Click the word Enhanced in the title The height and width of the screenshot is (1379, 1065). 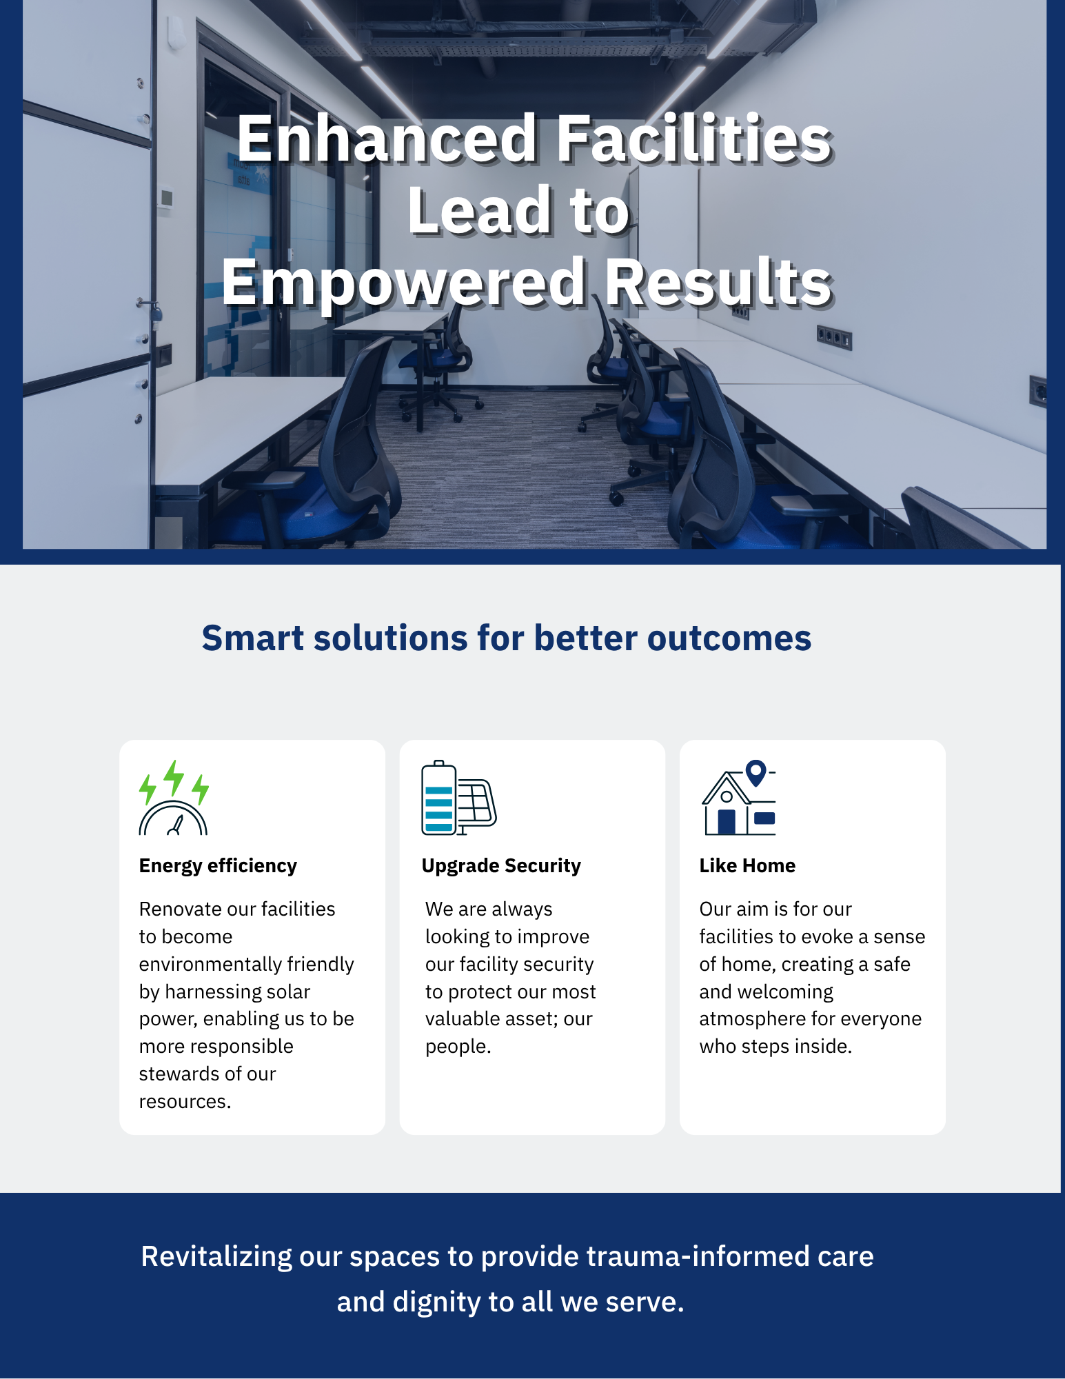pyautogui.click(x=387, y=139)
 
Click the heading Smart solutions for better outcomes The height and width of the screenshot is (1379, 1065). pyautogui.click(x=507, y=638)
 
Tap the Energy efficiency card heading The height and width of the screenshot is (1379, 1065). pyautogui.click(x=218, y=865)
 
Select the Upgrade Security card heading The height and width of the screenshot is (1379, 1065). pyautogui.click(x=501, y=865)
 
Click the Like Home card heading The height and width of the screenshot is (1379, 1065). pyautogui.click(x=747, y=865)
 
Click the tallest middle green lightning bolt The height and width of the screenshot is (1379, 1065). pyautogui.click(x=174, y=778)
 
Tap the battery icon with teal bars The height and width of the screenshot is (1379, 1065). pyautogui.click(x=439, y=798)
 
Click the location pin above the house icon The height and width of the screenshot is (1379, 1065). pyautogui.click(x=756, y=773)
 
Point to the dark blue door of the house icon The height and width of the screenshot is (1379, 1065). pyautogui.click(x=727, y=822)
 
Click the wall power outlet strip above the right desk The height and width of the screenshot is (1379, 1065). pyautogui.click(x=834, y=338)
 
